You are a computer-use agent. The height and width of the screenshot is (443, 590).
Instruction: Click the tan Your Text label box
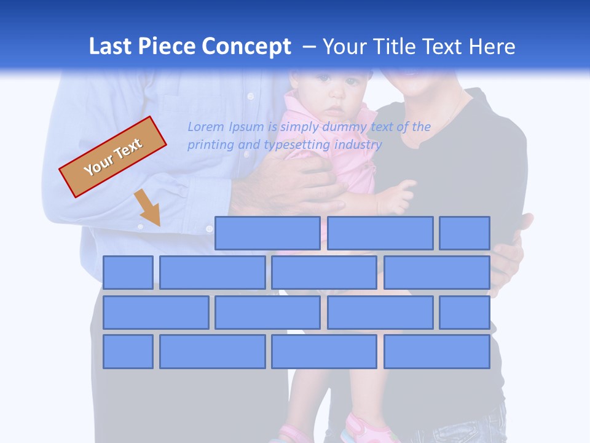coord(113,157)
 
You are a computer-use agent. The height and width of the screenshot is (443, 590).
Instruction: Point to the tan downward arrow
coord(148,208)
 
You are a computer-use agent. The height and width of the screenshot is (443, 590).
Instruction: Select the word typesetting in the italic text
coord(297,145)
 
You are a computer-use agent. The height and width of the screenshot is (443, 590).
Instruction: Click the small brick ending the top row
coord(465,233)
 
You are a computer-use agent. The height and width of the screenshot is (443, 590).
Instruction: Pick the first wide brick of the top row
coord(267,233)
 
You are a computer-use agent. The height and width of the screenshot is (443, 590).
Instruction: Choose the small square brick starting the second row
coord(128,273)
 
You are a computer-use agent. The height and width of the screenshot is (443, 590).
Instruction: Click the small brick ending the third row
coord(465,313)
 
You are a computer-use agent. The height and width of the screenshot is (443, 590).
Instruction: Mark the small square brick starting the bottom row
coord(128,352)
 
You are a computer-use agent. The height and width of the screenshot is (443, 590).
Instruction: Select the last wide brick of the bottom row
coord(437,352)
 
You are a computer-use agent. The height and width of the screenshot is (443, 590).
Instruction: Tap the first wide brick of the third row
coord(155,313)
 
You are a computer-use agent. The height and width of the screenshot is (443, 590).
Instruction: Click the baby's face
coord(333,96)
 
